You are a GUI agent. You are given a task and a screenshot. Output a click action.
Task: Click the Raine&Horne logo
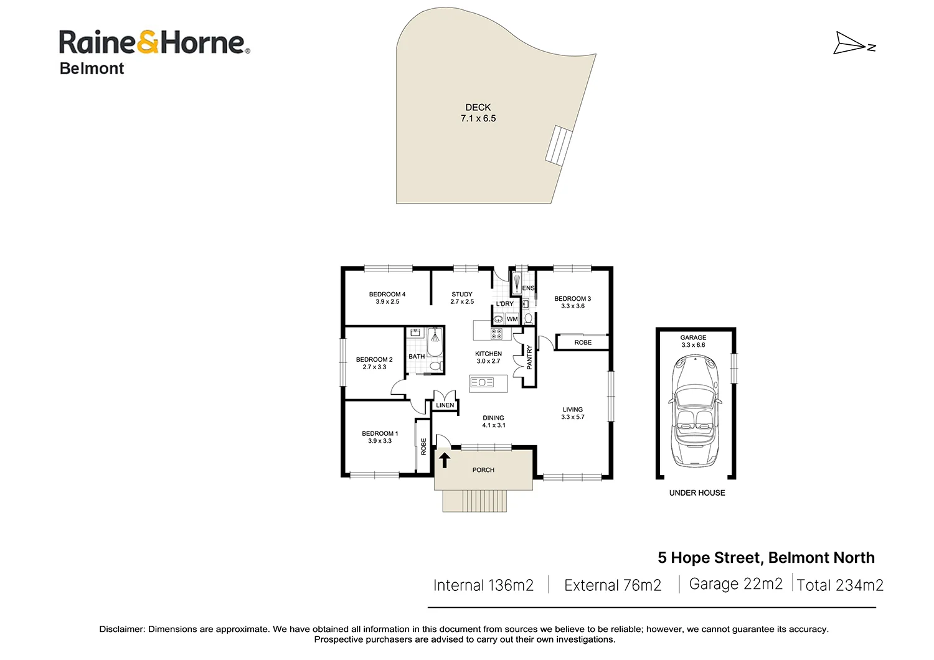tap(154, 42)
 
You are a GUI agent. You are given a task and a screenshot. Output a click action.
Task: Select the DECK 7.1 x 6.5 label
tap(478, 113)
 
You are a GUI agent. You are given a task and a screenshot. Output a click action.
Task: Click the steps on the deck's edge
tap(559, 145)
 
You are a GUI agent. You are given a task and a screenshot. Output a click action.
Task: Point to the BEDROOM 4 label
tap(387, 298)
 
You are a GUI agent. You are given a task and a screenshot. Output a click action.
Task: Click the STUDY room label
tap(462, 298)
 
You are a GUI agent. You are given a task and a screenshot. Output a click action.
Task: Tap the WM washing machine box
tap(512, 319)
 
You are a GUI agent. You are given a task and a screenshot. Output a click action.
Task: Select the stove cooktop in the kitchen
tap(496, 334)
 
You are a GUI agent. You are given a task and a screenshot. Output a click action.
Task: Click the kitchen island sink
tap(482, 382)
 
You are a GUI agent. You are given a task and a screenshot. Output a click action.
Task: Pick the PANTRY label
tap(529, 357)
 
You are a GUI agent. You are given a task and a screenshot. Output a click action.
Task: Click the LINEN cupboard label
tap(445, 405)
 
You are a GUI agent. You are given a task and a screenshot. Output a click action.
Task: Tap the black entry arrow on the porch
tap(445, 460)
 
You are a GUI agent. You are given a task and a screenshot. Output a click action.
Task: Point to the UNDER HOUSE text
tap(697, 493)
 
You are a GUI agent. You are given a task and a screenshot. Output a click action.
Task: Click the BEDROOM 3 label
tap(572, 302)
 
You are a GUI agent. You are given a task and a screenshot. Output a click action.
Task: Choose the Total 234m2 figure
tap(840, 585)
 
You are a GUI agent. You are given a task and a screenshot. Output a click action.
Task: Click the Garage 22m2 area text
tap(735, 584)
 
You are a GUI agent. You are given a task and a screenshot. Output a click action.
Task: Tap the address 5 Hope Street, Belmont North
tap(766, 558)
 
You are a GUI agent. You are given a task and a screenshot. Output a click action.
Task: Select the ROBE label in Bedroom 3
tap(583, 342)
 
